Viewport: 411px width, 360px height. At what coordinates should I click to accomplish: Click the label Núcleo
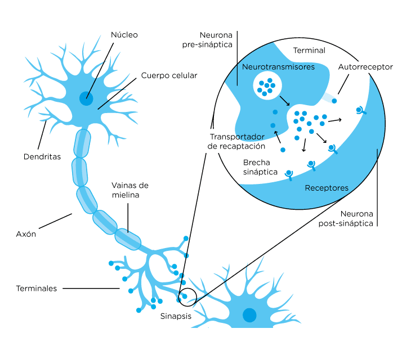[124, 35]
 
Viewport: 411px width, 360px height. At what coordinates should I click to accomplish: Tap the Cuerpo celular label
[169, 75]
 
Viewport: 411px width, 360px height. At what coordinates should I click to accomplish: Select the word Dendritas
[42, 156]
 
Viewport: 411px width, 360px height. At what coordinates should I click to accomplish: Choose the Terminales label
[37, 289]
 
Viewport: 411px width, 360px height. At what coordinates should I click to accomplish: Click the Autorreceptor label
[365, 67]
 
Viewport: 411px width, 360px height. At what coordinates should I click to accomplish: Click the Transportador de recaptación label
[236, 141]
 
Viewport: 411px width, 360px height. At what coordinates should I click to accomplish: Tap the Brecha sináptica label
[260, 168]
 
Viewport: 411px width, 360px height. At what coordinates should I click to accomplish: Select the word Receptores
[327, 188]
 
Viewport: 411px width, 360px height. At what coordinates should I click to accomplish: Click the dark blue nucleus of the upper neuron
[86, 98]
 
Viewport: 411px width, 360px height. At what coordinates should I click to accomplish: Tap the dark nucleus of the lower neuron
[249, 315]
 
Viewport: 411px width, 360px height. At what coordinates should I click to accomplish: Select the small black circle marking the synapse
[187, 297]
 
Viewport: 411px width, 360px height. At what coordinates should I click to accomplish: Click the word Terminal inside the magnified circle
[309, 51]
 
